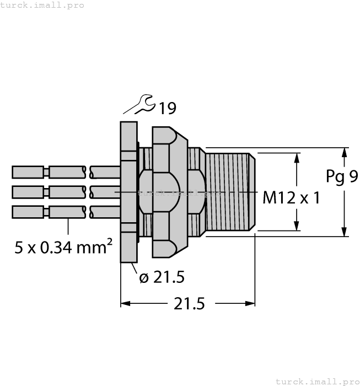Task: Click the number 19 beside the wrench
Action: [167, 109]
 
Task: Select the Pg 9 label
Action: [341, 176]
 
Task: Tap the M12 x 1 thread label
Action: [291, 197]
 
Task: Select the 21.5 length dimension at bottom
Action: [189, 304]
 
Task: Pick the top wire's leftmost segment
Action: [28, 172]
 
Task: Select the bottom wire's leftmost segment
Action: [28, 212]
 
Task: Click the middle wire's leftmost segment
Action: [28, 192]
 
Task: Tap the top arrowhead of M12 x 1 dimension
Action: [297, 158]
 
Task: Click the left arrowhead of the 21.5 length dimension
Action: [125, 303]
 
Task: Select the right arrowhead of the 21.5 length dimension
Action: [250, 303]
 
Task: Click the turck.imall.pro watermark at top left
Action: [42, 5]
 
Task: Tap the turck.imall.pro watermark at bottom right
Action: [316, 381]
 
